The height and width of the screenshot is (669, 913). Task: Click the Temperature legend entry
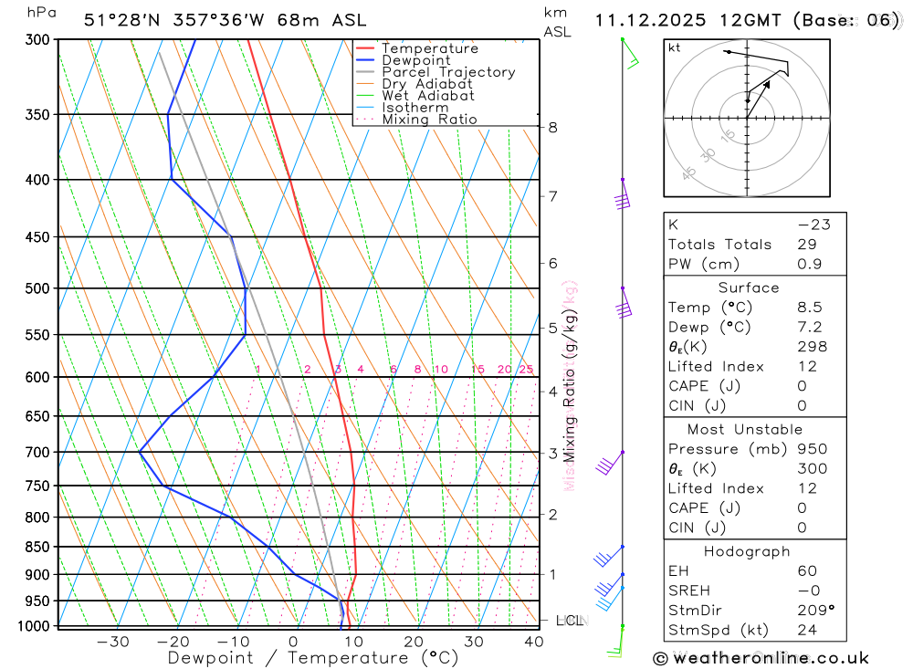429,48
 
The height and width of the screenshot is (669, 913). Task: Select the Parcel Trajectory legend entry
448,72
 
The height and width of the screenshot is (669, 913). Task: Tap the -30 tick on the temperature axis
113,642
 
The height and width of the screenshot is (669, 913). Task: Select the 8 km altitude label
552,128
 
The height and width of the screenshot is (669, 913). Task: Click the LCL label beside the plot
569,621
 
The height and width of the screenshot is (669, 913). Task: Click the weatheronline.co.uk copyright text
761,658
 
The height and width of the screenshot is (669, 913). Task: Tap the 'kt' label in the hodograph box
675,47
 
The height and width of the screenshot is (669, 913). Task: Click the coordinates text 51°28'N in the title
119,20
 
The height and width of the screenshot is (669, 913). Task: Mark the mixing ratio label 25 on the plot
526,370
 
